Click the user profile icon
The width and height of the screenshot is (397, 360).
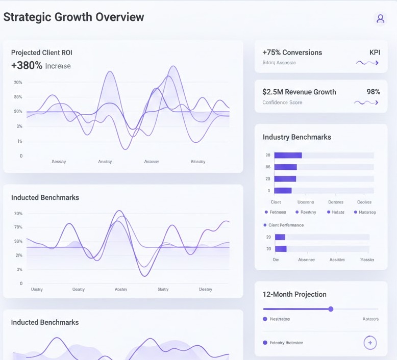pos(380,19)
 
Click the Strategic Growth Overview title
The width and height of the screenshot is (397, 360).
pos(73,17)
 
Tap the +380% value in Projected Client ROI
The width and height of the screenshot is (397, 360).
pos(27,65)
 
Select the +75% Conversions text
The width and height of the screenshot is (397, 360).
pos(292,53)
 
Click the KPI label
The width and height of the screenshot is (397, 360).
pos(375,53)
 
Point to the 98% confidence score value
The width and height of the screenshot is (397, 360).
pos(373,92)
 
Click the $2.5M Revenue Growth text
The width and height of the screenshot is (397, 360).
pos(299,92)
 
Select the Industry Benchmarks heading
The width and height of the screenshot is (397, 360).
pos(296,137)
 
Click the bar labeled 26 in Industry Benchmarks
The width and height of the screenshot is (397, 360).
pos(288,156)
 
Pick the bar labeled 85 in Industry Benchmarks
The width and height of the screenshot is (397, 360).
pos(285,167)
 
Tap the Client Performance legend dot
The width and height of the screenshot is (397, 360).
pos(265,225)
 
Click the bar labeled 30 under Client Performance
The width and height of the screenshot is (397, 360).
pos(281,249)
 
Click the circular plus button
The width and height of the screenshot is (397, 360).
pos(370,343)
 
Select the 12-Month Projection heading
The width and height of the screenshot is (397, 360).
pos(294,294)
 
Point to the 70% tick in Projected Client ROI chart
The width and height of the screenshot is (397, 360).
pos(18,82)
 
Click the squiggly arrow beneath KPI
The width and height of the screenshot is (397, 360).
pos(367,63)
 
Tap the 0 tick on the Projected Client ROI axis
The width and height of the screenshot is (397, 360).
pos(21,156)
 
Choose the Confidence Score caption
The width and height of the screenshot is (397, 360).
pos(282,102)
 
